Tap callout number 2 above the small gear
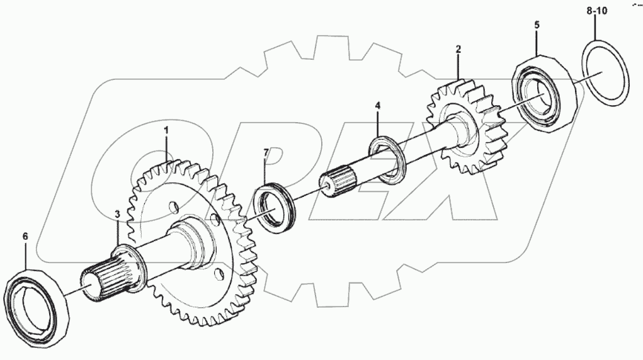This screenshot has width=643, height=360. click(x=458, y=48)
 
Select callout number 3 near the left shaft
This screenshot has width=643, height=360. click(x=117, y=215)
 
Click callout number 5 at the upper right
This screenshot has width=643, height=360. click(x=537, y=26)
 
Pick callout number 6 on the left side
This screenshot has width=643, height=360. click(x=25, y=236)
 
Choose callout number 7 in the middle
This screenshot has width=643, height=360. click(x=266, y=153)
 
